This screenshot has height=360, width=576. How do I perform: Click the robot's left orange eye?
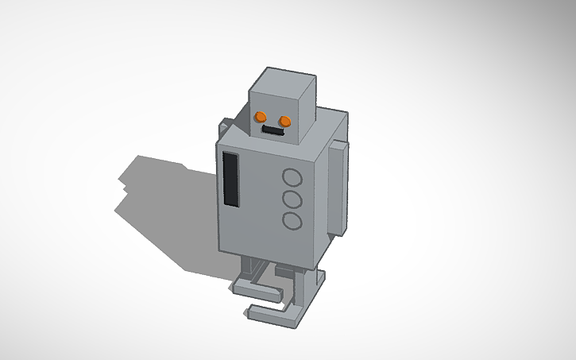coord(260,116)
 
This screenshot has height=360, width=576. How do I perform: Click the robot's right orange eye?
coord(285,121)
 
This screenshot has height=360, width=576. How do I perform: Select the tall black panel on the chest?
coord(231,179)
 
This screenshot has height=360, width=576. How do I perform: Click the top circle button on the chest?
coord(292,178)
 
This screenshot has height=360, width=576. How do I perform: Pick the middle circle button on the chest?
coord(292,199)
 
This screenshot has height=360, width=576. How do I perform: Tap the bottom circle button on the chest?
coord(292,221)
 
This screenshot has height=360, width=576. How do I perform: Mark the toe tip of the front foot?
coord(253,311)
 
